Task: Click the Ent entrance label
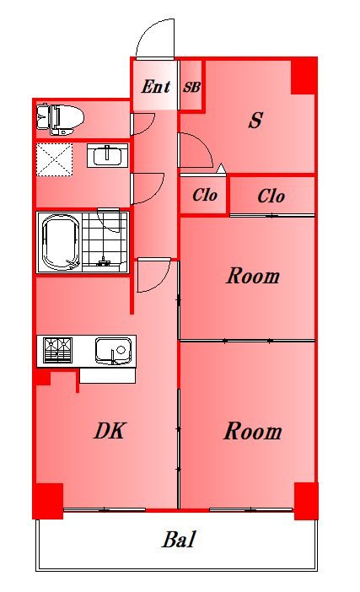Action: pyautogui.click(x=155, y=87)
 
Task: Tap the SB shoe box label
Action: pyautogui.click(x=191, y=88)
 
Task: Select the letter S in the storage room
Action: pyautogui.click(x=255, y=120)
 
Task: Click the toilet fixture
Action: pyautogui.click(x=60, y=119)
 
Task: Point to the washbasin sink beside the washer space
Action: pyautogui.click(x=108, y=155)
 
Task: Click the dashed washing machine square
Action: pyautogui.click(x=54, y=159)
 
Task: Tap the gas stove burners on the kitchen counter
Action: pyautogui.click(x=57, y=350)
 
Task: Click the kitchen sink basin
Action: pyautogui.click(x=113, y=351)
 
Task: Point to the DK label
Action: pyautogui.click(x=110, y=431)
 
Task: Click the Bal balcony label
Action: pyautogui.click(x=179, y=539)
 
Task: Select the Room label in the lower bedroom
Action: pyautogui.click(x=253, y=431)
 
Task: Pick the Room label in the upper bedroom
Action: pyautogui.click(x=253, y=276)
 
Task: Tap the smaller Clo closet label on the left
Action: pyautogui.click(x=205, y=195)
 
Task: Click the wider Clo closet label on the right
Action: pyautogui.click(x=271, y=196)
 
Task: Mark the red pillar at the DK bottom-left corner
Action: pyautogui.click(x=47, y=501)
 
